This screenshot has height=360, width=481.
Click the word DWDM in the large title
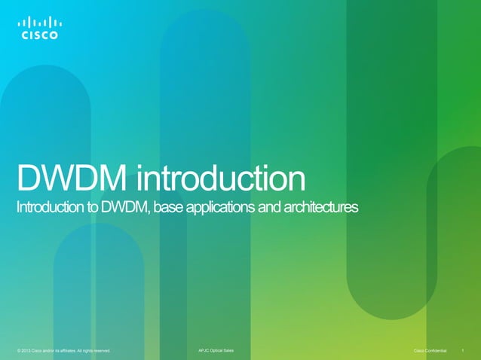pyautogui.click(x=71, y=179)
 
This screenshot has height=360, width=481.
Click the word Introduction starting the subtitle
pyautogui.click(x=49, y=206)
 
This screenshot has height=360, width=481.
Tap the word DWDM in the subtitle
pyautogui.click(x=128, y=206)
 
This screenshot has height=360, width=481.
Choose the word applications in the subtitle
pyautogui.click(x=225, y=207)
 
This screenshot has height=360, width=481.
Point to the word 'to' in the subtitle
pyautogui.click(x=92, y=207)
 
